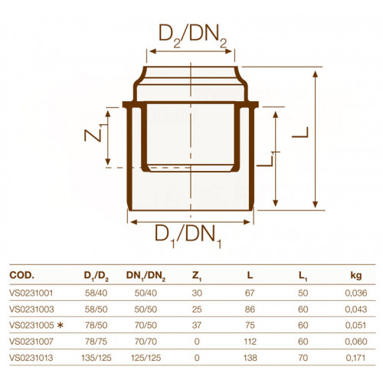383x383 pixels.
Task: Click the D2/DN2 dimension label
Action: (x=193, y=36)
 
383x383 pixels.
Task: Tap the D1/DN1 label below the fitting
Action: (x=188, y=236)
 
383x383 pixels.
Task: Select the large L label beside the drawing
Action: (x=300, y=133)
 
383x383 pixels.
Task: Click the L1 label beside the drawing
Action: (x=267, y=159)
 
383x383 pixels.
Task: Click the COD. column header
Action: (x=21, y=275)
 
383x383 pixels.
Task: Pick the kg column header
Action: (x=356, y=276)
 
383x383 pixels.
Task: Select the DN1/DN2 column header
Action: (x=146, y=277)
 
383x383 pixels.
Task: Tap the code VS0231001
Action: (x=31, y=293)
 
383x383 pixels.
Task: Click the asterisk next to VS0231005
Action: (x=61, y=326)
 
